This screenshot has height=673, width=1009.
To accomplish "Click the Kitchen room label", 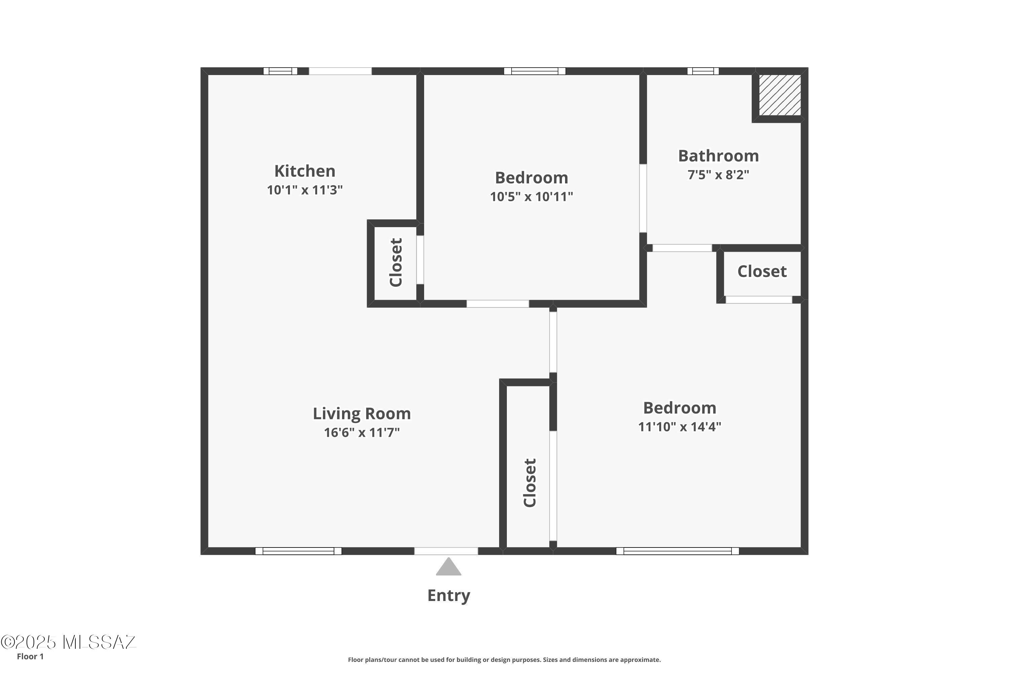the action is pos(305,171).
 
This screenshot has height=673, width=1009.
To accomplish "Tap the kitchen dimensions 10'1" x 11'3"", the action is pos(305,190).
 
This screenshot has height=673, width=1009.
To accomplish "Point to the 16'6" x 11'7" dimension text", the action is pos(362,432).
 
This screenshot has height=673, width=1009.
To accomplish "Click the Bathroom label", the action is pos(718,156).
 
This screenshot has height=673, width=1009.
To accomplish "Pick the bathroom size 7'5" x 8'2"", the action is pos(718,175).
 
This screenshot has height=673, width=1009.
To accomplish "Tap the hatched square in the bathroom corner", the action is pos(780,95).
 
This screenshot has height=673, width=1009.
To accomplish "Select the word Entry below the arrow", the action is pos(449,596).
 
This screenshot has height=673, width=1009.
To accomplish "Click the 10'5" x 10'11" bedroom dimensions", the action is pos(531,197).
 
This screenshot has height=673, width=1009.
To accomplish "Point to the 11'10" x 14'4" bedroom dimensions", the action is pos(679,427).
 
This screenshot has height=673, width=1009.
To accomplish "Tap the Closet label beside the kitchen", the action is pos(396,262).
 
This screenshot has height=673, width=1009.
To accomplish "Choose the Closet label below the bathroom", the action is pos(762,271).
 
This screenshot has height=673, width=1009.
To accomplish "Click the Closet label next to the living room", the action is pos(530,483).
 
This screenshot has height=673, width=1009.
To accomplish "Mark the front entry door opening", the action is pos(446,551).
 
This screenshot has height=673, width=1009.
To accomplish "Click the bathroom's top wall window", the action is pos(703,71).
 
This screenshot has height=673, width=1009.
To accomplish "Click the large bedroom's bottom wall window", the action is pos(678,551).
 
